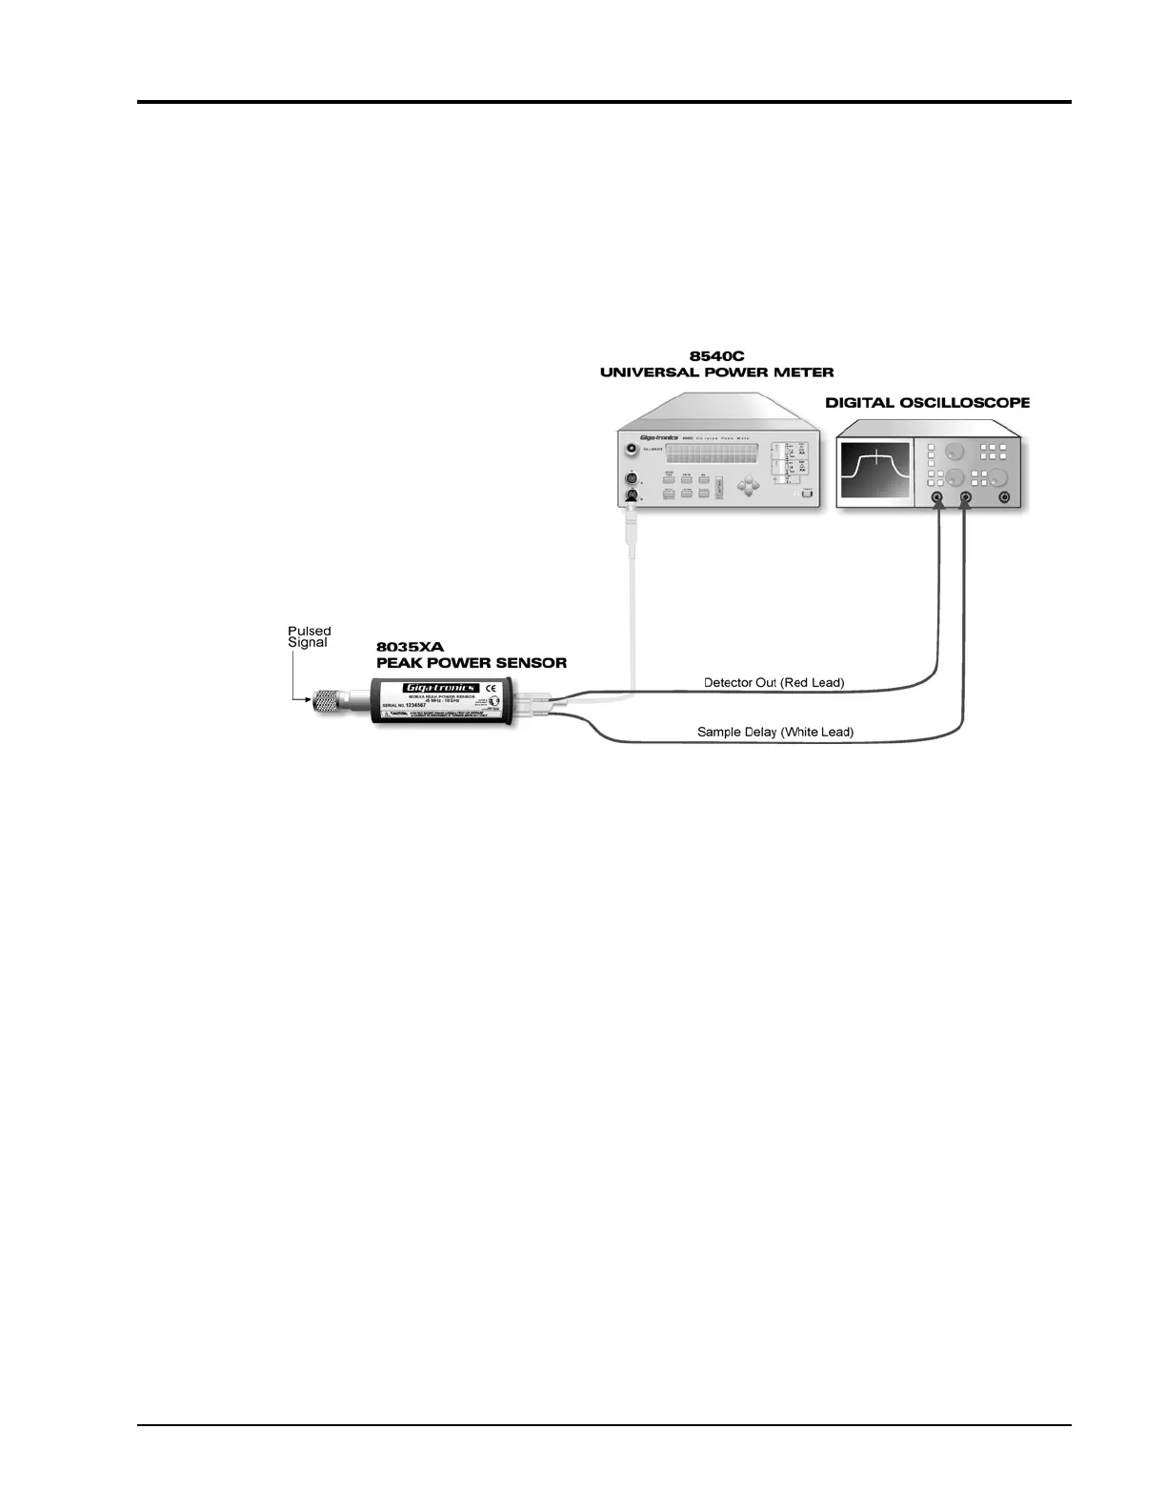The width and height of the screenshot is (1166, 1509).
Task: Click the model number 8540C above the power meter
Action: point(716,355)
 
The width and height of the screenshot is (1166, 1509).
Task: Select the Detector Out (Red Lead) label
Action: point(774,682)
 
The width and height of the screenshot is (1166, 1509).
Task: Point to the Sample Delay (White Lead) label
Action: point(775,732)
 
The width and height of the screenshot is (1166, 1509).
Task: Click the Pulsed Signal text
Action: point(309,636)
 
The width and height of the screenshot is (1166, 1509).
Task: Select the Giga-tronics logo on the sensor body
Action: point(441,688)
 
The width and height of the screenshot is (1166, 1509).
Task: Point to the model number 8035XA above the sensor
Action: point(410,647)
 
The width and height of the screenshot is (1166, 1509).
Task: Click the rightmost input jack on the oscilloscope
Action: point(1003,497)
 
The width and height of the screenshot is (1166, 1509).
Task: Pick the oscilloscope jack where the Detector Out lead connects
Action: point(938,497)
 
